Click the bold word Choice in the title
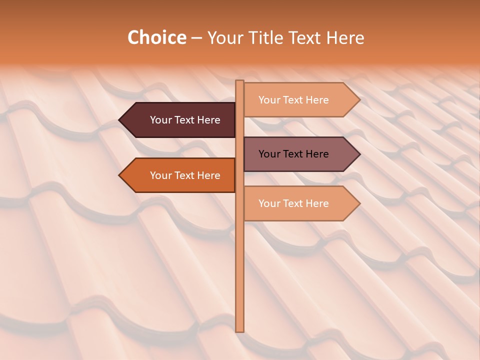point(156,37)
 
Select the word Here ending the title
point(345,37)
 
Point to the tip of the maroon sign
point(120,120)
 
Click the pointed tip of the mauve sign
point(358,154)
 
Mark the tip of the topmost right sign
point(358,100)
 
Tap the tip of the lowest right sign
point(358,203)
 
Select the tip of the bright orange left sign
point(120,175)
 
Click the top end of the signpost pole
point(239,82)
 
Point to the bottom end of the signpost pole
point(239,330)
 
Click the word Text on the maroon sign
point(185,120)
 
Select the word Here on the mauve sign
point(317,154)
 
